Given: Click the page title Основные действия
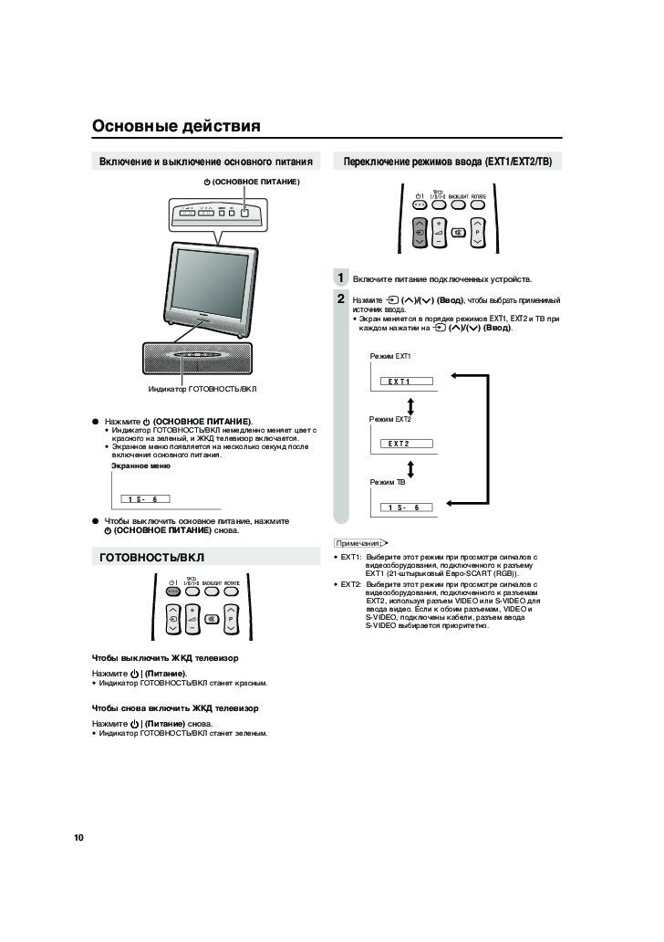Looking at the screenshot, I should tap(176, 126).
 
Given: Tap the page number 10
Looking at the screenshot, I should tap(79, 837).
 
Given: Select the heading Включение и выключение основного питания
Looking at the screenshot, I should tap(206, 162).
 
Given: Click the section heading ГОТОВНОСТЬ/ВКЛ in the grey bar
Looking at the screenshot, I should tap(152, 556).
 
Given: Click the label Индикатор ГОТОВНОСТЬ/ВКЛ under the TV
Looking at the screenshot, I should tap(202, 389).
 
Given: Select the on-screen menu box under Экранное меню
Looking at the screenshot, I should tap(144, 498).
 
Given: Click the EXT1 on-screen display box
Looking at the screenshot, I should tap(399, 381).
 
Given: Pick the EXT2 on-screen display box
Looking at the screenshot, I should tap(399, 444).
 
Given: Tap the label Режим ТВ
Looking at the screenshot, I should tap(387, 481).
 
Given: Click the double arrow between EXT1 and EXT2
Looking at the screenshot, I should tap(411, 404).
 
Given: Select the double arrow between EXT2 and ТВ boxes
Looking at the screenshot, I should tap(411, 468).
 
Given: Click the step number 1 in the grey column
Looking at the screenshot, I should tap(340, 278).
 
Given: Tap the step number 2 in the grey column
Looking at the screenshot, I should tap(340, 298).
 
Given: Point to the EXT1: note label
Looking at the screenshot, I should tap(350, 556).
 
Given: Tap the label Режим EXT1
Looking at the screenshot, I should tap(390, 355).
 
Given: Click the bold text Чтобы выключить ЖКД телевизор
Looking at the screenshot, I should tap(165, 657).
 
